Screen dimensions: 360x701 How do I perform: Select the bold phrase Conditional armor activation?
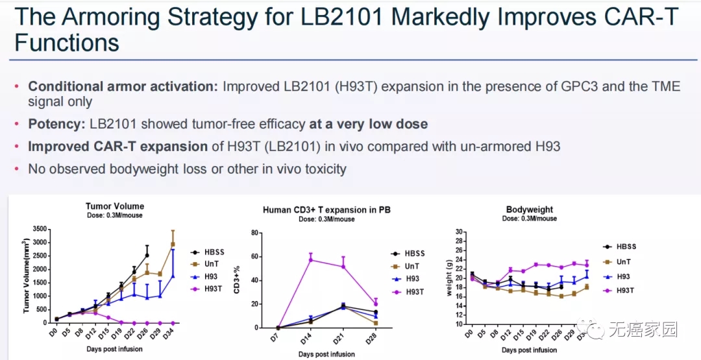click(x=122, y=86)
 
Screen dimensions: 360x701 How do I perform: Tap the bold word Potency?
click(x=55, y=123)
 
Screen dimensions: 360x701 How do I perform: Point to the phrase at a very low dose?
click(x=368, y=123)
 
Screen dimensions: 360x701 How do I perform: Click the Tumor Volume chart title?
click(x=116, y=206)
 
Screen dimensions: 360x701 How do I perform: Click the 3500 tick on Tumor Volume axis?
click(x=39, y=229)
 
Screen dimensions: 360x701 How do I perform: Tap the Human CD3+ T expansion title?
click(x=326, y=210)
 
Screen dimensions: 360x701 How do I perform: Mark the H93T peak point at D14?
click(x=311, y=259)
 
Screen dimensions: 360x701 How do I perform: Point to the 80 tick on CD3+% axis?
click(x=255, y=233)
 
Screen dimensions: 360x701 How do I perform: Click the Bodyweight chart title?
click(x=529, y=210)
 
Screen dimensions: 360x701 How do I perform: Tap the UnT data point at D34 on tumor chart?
click(x=173, y=245)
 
